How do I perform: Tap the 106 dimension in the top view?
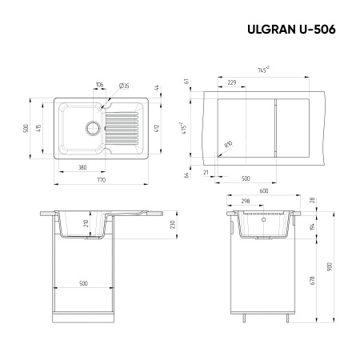(99, 84)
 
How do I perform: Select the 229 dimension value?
(232, 82)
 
